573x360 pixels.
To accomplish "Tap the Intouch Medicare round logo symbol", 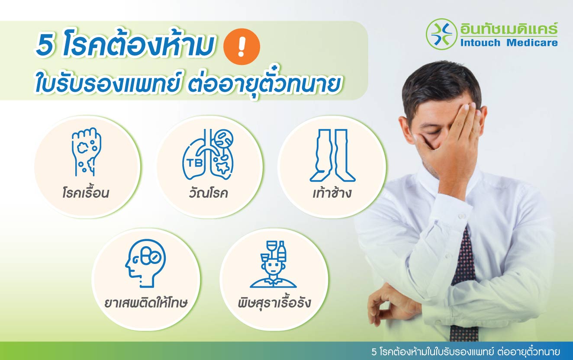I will click(441, 33).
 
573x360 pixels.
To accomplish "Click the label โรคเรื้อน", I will click(85, 193).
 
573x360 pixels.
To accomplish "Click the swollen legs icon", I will click(332, 155).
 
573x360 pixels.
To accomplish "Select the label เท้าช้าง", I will click(332, 193).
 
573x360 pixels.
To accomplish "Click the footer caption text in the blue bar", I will click(465, 351).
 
